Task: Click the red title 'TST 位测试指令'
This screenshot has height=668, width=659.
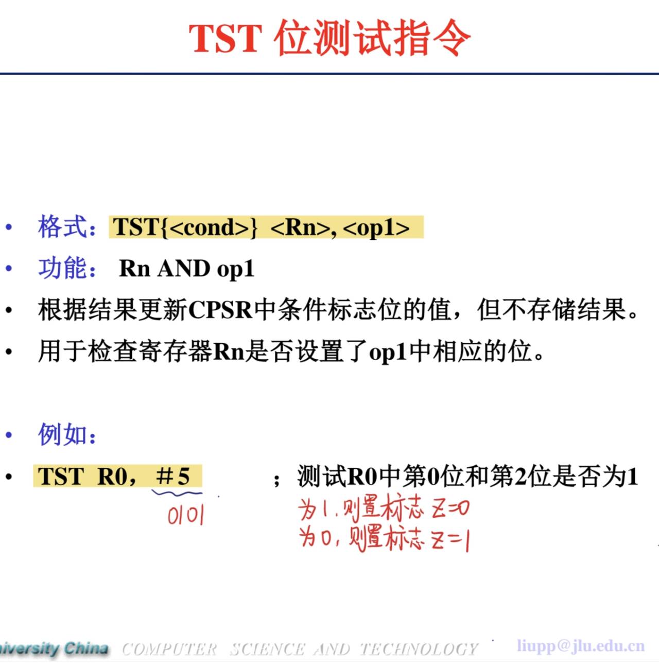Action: (x=329, y=38)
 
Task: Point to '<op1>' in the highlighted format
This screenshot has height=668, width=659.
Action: (x=376, y=227)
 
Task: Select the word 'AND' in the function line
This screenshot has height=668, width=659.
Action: (x=184, y=268)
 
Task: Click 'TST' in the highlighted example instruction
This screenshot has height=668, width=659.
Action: (x=61, y=476)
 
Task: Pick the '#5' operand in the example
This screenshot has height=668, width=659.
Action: (x=173, y=476)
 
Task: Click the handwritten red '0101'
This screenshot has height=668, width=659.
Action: (x=186, y=515)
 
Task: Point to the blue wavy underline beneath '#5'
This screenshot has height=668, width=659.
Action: (x=177, y=493)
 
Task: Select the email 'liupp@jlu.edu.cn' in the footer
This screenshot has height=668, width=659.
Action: (x=580, y=645)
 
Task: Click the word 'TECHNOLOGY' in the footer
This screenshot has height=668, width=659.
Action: (x=419, y=649)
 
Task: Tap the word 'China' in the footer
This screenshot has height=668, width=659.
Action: (x=86, y=648)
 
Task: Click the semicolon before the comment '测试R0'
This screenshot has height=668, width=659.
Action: (x=277, y=480)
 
